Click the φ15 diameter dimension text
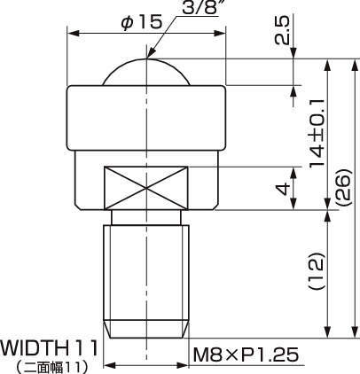coord(141,21)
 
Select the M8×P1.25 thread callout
coord(245,356)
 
